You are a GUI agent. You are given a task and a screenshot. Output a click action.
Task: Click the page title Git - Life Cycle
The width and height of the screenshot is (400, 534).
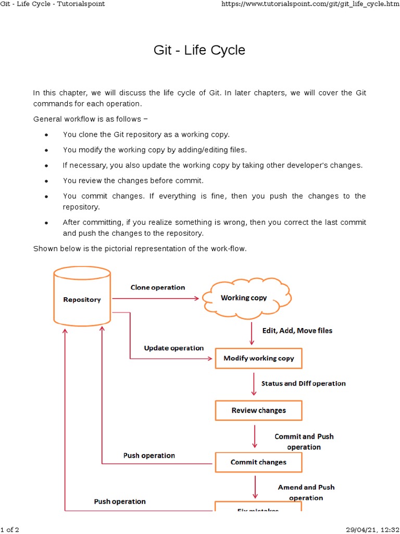tap(199, 51)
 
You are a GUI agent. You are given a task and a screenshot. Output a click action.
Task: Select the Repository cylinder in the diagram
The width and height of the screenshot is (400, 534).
tap(82, 299)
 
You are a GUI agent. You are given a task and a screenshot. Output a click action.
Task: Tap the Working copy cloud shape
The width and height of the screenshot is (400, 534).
tap(244, 298)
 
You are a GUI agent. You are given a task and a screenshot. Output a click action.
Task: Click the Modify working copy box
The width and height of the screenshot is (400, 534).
tap(258, 358)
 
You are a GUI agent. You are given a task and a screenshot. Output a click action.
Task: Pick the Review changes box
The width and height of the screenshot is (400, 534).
tap(258, 410)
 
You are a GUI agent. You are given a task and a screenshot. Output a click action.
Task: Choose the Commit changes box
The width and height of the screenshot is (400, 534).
tap(258, 462)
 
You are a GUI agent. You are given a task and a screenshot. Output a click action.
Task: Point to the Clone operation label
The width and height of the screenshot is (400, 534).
tap(157, 287)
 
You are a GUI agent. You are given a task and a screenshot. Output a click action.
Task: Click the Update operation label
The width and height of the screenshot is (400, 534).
tap(173, 348)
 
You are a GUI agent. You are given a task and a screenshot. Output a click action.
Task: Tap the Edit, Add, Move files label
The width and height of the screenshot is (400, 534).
tap(297, 331)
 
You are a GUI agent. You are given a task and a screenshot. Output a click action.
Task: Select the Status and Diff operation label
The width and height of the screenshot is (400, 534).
tap(303, 383)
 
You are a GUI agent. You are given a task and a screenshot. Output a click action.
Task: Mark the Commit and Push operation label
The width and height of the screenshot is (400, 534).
tap(304, 442)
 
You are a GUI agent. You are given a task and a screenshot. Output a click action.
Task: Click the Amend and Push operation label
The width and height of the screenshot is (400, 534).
tap(306, 492)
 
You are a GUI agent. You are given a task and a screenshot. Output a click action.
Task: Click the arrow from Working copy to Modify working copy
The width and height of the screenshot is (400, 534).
tap(252, 333)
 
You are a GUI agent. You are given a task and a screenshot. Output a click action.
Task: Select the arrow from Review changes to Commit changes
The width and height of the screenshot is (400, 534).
tap(255, 436)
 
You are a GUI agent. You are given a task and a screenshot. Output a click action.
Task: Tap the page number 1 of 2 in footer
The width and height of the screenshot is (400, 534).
tap(10, 530)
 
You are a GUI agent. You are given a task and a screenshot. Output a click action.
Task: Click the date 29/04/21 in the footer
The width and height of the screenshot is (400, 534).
tap(359, 530)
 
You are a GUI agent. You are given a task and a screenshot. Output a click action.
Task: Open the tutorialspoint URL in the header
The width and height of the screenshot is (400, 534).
tap(309, 4)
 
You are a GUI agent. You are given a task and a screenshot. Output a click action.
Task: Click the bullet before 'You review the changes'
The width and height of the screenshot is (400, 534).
tap(47, 181)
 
